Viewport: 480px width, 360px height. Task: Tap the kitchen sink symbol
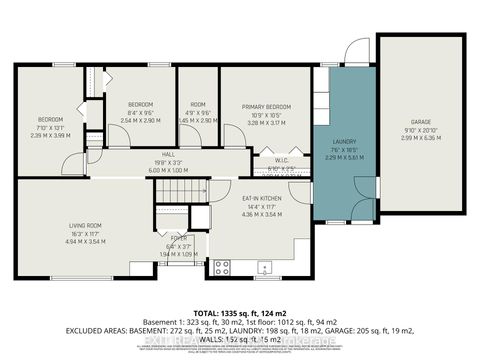click(263, 266)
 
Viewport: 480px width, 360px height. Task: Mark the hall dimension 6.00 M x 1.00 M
click(168, 170)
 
